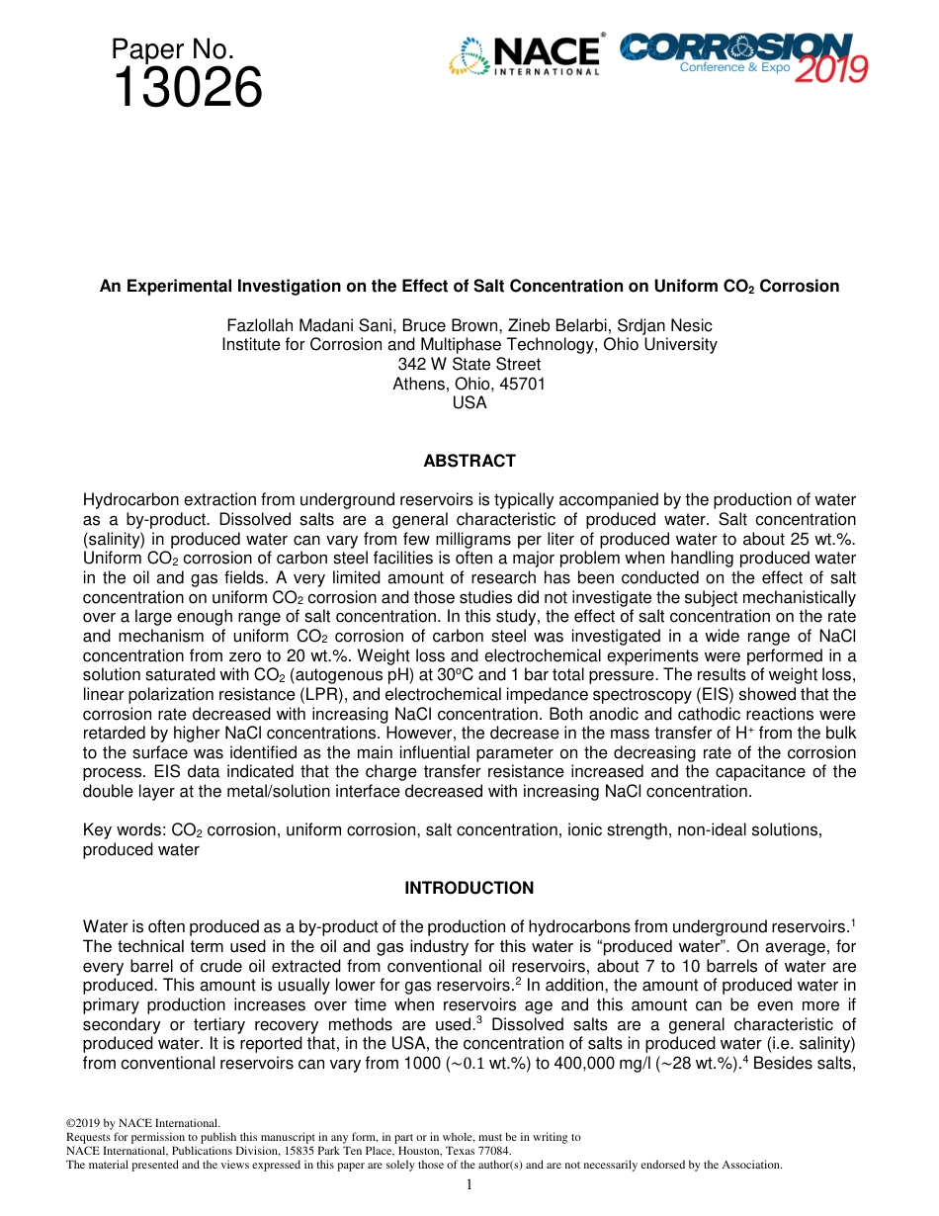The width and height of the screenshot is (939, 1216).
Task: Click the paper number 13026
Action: click(x=187, y=89)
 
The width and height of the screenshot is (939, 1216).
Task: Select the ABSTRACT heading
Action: click(x=469, y=461)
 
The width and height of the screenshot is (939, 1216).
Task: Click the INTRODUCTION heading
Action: click(x=469, y=888)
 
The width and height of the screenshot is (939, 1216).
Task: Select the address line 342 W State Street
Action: click(x=469, y=364)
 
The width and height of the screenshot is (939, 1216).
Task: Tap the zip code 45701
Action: click(x=523, y=384)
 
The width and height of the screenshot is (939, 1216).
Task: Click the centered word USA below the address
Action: click(x=469, y=402)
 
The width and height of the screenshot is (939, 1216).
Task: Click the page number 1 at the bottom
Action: click(x=469, y=1184)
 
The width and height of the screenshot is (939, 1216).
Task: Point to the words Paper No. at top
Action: click(x=172, y=49)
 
